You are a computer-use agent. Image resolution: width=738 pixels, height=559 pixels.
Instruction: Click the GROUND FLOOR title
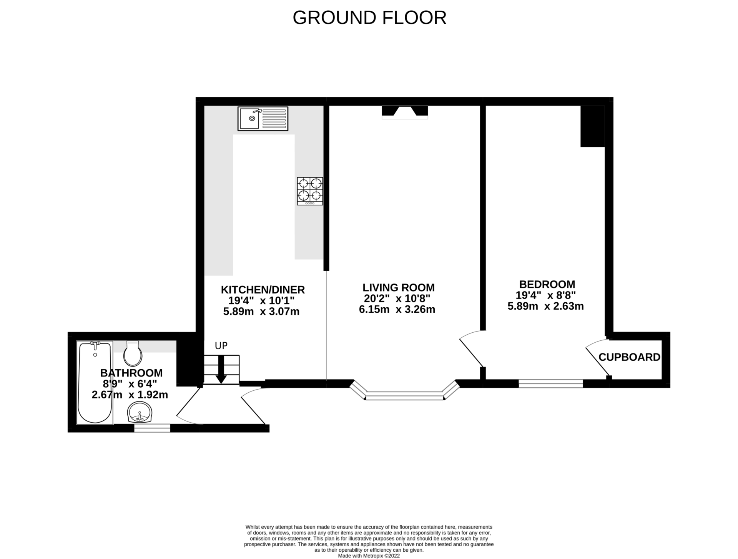pos(369,18)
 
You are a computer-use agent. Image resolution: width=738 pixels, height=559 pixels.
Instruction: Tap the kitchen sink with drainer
pos(263,118)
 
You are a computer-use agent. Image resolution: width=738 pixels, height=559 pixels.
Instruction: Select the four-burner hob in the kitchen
pos(310,191)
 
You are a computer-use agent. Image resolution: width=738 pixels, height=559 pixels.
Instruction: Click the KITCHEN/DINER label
pos(263,290)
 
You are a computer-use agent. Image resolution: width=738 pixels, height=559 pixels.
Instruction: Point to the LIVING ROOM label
pos(398,287)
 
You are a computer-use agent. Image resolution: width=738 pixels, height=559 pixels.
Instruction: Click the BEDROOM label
pos(547,284)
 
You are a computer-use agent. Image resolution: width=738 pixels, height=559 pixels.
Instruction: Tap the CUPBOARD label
pos(629,357)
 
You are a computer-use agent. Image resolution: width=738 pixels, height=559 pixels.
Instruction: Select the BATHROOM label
pos(131,373)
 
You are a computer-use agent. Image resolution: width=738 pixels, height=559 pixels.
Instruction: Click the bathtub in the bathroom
pos(95,382)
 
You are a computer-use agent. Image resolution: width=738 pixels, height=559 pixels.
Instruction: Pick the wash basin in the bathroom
pos(140,412)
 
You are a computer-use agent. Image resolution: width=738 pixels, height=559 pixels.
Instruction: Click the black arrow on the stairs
pos(221,370)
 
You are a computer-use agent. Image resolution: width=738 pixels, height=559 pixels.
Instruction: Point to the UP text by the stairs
pos(221,346)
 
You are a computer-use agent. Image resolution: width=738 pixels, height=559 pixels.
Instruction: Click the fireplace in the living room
pos(404,112)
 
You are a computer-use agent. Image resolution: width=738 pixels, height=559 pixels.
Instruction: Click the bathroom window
pos(152,428)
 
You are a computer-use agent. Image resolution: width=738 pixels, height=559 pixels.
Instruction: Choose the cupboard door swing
pos(597,357)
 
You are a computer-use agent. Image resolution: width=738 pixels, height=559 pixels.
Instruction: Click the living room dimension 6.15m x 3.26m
pos(397,309)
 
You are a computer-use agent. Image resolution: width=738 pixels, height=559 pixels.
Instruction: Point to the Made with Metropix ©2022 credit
pos(369,556)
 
